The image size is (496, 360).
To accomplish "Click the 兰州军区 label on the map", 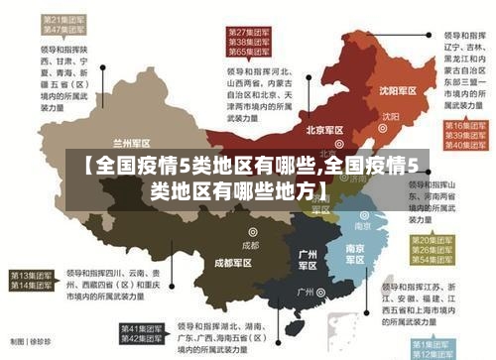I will click(133, 142).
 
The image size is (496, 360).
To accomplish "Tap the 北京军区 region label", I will click(325, 130).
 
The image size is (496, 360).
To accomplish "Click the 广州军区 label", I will click(308, 260).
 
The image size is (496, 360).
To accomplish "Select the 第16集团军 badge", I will click(463, 127).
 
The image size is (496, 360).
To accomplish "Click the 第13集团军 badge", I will click(31, 274).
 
